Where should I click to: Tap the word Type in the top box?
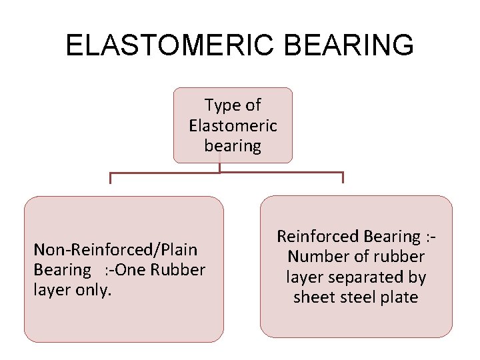click(x=224, y=105)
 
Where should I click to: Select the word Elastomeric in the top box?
click(x=233, y=125)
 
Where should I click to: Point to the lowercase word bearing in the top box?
click(x=233, y=145)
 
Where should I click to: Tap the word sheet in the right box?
click(x=313, y=297)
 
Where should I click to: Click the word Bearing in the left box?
click(x=62, y=269)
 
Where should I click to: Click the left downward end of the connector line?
click(x=111, y=179)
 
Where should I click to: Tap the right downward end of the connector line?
click(x=343, y=178)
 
